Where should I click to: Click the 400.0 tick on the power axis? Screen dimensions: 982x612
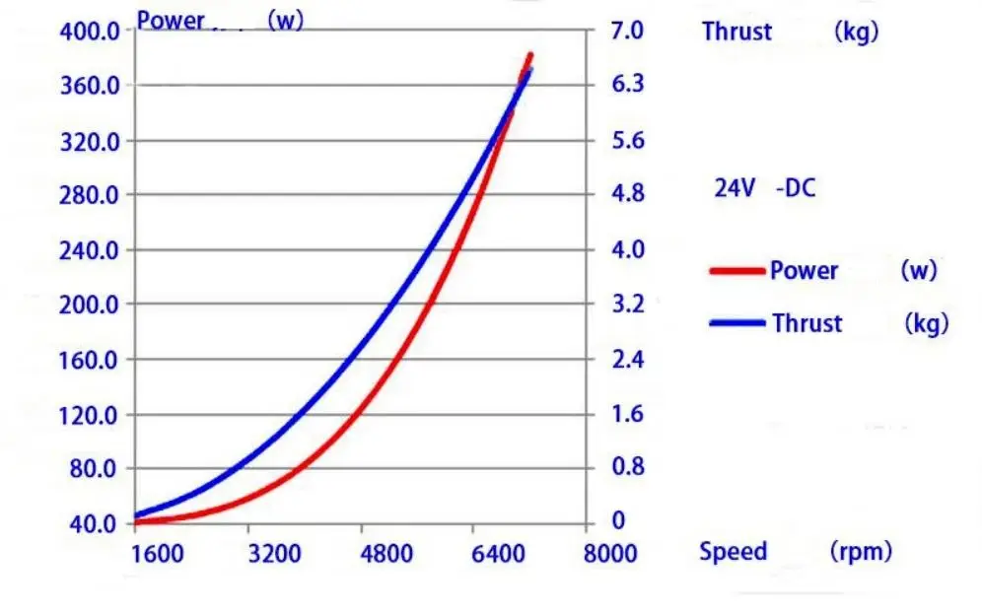coord(89,31)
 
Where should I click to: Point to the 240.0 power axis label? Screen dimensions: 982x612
coord(89,251)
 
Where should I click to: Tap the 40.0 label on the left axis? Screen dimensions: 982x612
coord(93,523)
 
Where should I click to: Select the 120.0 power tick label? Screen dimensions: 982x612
coord(89,416)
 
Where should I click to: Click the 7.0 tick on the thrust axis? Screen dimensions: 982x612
coord(627,31)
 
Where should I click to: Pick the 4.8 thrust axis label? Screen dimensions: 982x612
coord(628,193)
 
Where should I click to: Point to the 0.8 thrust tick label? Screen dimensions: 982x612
coord(628,466)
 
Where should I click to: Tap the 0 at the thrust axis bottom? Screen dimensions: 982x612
coord(619,520)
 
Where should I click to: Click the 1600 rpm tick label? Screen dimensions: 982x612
coord(157,554)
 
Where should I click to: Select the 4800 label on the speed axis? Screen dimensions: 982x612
coord(386,554)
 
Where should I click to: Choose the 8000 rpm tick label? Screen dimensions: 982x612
coord(610,554)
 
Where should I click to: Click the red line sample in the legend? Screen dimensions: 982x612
coord(737,271)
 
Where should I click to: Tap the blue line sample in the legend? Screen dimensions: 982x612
coord(737,323)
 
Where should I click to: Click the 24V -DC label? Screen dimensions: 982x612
coord(765,188)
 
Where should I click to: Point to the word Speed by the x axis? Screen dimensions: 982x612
coord(734,551)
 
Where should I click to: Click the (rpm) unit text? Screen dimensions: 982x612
coord(861,551)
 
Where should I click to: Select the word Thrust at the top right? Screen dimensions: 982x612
coord(737,32)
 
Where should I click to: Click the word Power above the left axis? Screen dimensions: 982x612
coord(171,21)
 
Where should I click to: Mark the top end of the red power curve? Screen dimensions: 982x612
coord(531,55)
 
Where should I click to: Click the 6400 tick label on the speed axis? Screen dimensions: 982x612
coord(499,554)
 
